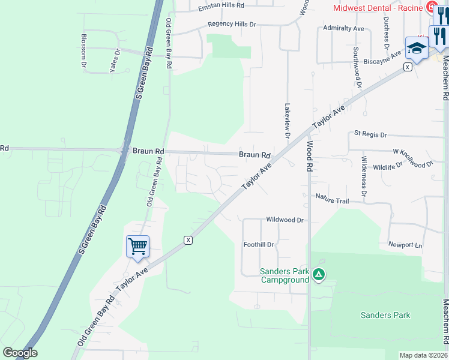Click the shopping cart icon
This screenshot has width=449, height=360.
137,246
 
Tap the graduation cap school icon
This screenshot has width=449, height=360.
416,47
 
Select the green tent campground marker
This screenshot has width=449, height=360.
319,275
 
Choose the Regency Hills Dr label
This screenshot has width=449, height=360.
232,25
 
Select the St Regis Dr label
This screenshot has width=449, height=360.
371,134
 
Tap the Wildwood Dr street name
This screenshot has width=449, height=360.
285,220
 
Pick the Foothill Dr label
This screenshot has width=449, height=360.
259,245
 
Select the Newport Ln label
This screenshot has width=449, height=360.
405,245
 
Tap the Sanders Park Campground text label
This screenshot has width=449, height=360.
285,275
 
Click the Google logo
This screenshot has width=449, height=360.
20,353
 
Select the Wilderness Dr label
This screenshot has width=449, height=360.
364,176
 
